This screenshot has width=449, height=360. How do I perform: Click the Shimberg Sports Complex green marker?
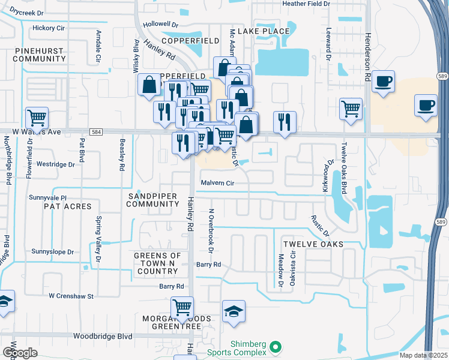point(276,347)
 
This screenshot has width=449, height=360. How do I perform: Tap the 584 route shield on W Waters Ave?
point(96,131)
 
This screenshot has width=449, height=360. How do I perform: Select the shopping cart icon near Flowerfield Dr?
point(37,117)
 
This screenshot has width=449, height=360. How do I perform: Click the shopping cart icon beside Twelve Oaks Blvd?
point(351,109)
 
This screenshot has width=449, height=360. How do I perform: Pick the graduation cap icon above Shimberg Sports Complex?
point(234,311)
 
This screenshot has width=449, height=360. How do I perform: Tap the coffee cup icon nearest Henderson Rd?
point(383,80)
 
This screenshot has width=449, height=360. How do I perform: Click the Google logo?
point(20,353)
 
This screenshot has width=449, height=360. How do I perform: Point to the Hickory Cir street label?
point(49,28)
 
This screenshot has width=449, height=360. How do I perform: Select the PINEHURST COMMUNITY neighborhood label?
point(38,55)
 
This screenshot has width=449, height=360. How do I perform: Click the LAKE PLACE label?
point(264,31)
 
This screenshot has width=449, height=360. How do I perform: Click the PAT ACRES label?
point(67,206)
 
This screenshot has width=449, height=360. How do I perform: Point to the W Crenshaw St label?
point(71,296)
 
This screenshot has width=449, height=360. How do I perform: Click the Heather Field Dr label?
point(306,4)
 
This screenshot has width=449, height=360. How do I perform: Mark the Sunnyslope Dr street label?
point(53,252)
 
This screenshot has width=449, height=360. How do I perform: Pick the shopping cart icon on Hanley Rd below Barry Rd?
point(182,308)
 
